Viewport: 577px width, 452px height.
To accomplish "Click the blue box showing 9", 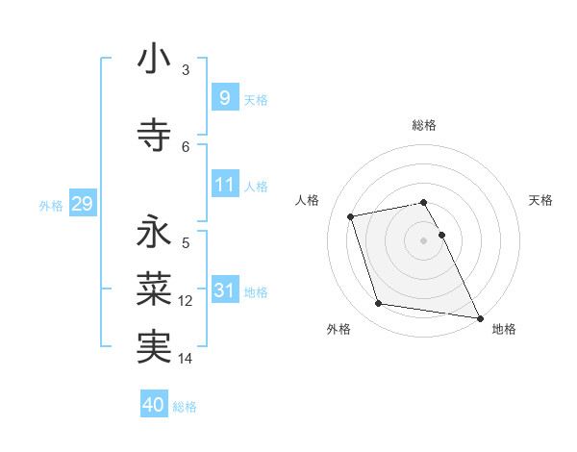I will [x=224, y=97].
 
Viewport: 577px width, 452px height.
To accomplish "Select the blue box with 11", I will [x=224, y=184].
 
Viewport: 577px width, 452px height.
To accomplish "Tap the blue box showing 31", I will [x=224, y=290].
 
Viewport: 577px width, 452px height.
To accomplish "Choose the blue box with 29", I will [x=82, y=204].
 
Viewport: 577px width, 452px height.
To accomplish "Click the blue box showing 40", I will [x=154, y=405].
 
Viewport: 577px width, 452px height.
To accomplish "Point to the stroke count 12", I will [x=186, y=301].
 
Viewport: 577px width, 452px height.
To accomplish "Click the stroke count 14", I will [x=186, y=359].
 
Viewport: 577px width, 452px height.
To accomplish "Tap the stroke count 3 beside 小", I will [x=186, y=70].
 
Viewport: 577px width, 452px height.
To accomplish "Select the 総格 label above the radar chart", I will [x=424, y=125].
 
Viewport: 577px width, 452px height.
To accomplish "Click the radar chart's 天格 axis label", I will [x=540, y=200].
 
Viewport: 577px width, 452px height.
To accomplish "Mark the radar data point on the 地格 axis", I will [x=480, y=317].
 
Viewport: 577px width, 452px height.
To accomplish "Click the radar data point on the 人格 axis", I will [x=351, y=216].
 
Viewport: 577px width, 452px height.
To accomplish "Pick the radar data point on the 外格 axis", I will [x=379, y=304].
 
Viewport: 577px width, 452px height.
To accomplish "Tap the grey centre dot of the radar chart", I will [x=424, y=239].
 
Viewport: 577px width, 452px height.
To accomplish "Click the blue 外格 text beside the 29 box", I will [x=51, y=205].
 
